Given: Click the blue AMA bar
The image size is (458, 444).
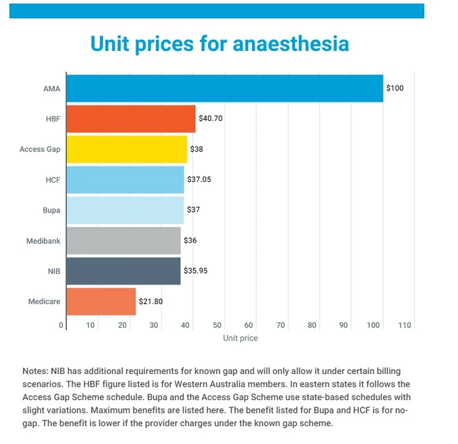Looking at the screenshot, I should pos(225,88).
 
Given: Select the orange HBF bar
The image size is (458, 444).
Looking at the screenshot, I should pos(131,118).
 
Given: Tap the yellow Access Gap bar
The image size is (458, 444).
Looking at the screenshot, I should pos(127,149).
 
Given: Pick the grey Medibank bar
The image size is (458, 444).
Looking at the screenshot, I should pos(123,240).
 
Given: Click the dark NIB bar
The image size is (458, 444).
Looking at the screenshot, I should pos(123,271).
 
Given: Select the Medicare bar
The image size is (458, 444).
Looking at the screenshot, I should pos(101,301).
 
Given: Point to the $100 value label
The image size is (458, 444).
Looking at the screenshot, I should pos(395,88).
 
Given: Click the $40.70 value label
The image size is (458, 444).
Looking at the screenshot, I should pos(211,118).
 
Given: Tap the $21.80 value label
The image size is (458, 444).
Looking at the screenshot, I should pos(151,302).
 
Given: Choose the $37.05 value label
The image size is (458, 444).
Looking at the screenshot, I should pos(199,179).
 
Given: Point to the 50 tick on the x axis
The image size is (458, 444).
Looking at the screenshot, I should pos(217,326).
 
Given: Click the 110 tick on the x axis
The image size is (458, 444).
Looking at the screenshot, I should pos(405,326).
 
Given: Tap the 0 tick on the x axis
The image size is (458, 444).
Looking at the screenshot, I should pos(62,326).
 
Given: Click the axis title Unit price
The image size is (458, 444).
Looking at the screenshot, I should pos(240,338).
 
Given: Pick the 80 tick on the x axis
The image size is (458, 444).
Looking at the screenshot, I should pos(312,326).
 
